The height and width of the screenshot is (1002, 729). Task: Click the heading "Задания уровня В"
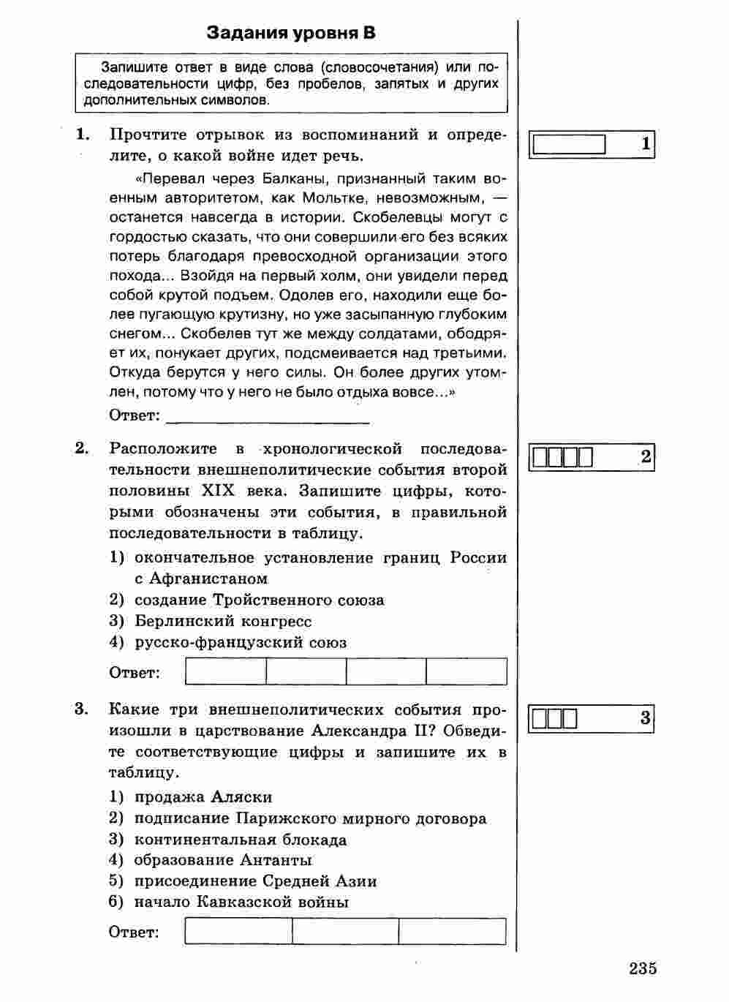(x=291, y=33)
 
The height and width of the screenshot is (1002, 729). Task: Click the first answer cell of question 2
(x=226, y=671)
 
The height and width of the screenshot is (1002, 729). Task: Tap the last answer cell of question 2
(x=466, y=671)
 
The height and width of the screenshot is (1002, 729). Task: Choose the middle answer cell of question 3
(x=345, y=931)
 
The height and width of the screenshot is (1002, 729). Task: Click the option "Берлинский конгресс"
(x=223, y=621)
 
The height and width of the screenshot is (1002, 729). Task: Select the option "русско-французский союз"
(x=241, y=642)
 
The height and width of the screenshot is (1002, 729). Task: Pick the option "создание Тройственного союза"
(x=259, y=600)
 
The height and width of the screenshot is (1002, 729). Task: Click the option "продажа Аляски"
(x=203, y=796)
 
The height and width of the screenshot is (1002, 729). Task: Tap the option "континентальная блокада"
(x=240, y=839)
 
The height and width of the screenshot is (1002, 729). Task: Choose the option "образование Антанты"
(x=222, y=859)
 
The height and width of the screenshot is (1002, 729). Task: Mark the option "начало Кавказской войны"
(x=241, y=902)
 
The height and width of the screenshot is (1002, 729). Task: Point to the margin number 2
(x=645, y=457)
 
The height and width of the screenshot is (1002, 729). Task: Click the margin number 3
(x=645, y=718)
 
